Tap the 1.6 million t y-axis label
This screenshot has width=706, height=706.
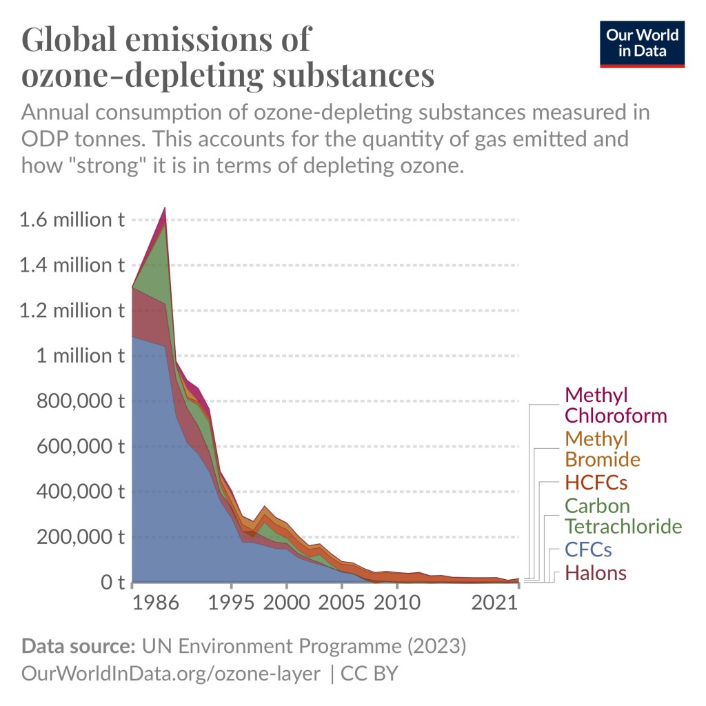pyautogui.click(x=72, y=220)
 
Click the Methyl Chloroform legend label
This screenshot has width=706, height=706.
pyautogui.click(x=616, y=405)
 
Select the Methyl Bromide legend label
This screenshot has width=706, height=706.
pyautogui.click(x=602, y=449)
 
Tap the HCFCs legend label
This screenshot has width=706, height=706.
pyautogui.click(x=596, y=482)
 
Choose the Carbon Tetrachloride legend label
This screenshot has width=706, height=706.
pyautogui.click(x=623, y=516)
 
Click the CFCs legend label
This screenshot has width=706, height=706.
pyautogui.click(x=588, y=550)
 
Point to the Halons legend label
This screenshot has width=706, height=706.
pyautogui.click(x=596, y=572)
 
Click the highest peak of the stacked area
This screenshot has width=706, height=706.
pyautogui.click(x=165, y=208)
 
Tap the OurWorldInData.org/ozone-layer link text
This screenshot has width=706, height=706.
pyautogui.click(x=171, y=674)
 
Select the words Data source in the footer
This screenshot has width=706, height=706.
pyautogui.click(x=78, y=647)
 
